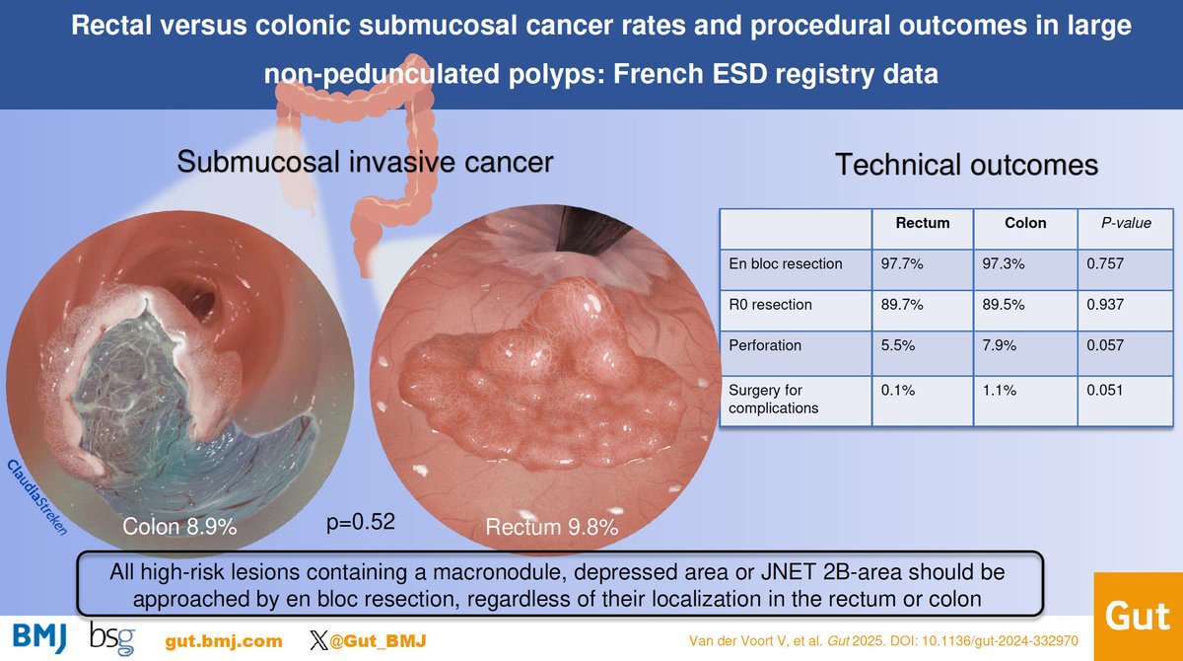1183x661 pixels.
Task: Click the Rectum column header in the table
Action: pyautogui.click(x=922, y=223)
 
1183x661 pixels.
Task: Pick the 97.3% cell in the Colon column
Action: pyautogui.click(x=1004, y=263)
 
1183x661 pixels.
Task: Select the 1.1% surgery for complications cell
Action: pyautogui.click(x=998, y=391)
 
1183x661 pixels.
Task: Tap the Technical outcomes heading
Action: pyautogui.click(x=966, y=166)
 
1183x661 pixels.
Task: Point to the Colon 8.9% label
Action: pyautogui.click(x=179, y=528)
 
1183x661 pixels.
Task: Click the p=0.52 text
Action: pyautogui.click(x=361, y=521)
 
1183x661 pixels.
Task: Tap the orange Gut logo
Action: pyautogui.click(x=1139, y=618)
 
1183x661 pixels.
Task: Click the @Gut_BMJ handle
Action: pyautogui.click(x=376, y=641)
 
